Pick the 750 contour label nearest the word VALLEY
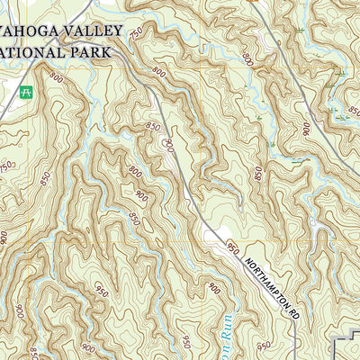135,33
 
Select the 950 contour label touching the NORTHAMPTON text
234,247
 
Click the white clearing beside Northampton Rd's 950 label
214,236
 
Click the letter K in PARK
108,52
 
